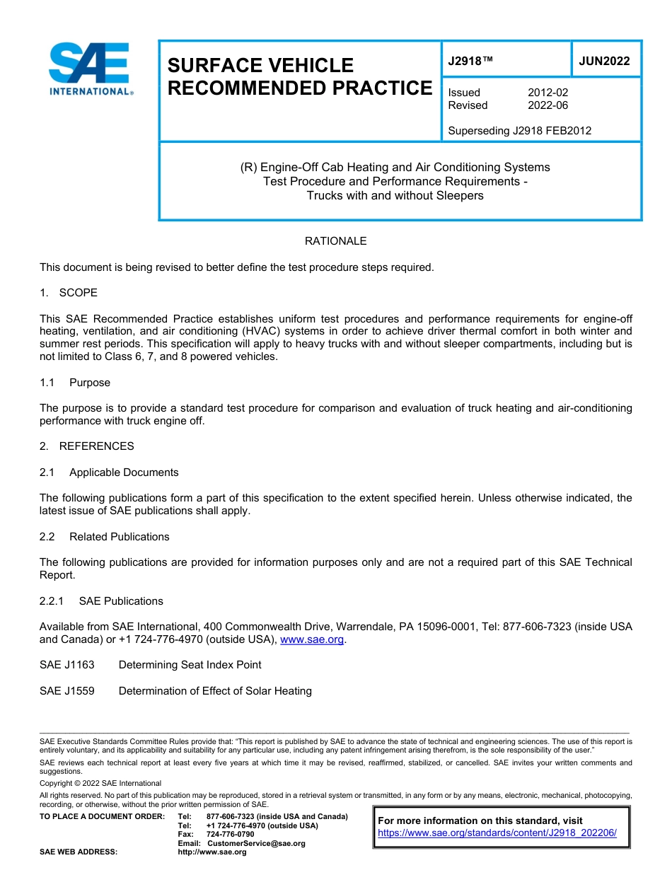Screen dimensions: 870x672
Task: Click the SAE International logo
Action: (x=91, y=69)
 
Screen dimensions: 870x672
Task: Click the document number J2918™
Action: (x=470, y=61)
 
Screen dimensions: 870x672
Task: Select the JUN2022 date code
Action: (x=604, y=61)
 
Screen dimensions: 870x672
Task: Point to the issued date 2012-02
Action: (x=548, y=93)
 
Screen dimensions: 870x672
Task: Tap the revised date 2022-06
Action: (x=548, y=105)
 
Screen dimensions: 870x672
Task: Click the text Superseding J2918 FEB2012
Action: (x=519, y=130)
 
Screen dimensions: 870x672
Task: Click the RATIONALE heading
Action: (x=335, y=241)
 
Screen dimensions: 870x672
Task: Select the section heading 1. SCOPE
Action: (x=69, y=293)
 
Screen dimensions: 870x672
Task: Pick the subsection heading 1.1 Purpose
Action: (x=75, y=383)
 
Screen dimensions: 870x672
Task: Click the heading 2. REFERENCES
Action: (x=86, y=446)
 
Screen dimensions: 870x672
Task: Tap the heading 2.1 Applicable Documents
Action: (x=109, y=472)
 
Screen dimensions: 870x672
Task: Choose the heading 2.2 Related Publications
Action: (x=105, y=537)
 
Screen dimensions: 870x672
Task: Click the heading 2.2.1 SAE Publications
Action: (x=101, y=601)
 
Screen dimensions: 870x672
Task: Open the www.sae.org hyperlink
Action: (x=312, y=639)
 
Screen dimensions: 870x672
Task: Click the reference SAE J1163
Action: (x=66, y=665)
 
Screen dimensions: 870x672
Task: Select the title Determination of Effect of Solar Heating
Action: (x=215, y=691)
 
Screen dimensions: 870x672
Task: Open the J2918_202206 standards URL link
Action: (x=497, y=833)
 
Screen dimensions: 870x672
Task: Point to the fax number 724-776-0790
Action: (x=230, y=835)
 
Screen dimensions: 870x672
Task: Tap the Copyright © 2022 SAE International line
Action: (x=100, y=783)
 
